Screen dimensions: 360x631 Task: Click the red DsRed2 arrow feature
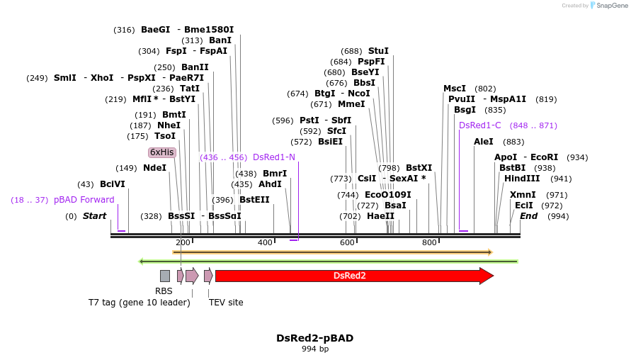point(351,276)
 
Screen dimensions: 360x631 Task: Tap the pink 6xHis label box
point(161,152)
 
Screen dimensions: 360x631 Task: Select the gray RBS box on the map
point(164,276)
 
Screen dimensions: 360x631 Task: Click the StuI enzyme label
point(378,51)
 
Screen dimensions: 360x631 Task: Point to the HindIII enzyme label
point(522,179)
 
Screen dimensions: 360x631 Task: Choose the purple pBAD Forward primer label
point(84,200)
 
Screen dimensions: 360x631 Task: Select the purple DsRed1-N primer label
point(273,157)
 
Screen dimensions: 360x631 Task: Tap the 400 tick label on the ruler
point(265,243)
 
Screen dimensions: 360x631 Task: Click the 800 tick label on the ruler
point(429,243)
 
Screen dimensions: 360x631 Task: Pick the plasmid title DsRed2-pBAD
point(314,338)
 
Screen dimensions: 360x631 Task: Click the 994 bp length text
point(314,349)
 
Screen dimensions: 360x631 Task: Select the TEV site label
point(226,303)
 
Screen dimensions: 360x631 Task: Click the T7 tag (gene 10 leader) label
point(139,303)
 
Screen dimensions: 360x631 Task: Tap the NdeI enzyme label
point(154,168)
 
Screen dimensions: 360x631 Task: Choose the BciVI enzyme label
point(112,184)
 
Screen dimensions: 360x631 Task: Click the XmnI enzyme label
point(523,195)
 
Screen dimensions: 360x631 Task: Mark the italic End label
point(528,216)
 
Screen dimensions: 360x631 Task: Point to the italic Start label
point(94,216)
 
